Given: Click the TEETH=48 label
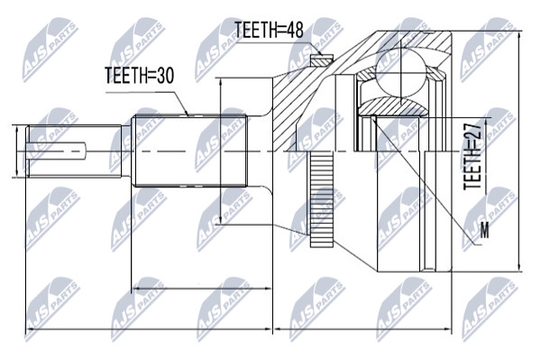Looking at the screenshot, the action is pyautogui.click(x=269, y=30).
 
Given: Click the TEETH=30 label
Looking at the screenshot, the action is pyautogui.click(x=140, y=75).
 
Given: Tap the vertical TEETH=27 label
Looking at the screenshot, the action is pyautogui.click(x=472, y=156).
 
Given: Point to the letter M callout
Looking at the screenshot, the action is pyautogui.click(x=485, y=230).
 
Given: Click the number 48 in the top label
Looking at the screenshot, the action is pyautogui.click(x=294, y=30).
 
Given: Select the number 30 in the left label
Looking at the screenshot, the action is pyautogui.click(x=164, y=75).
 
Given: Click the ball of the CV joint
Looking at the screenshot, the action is pyautogui.click(x=400, y=71).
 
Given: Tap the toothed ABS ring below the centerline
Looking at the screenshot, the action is pyautogui.click(x=321, y=199).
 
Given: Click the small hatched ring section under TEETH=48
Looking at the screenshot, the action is pyautogui.click(x=321, y=60).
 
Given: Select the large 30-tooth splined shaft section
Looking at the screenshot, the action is pyautogui.click(x=191, y=151).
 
